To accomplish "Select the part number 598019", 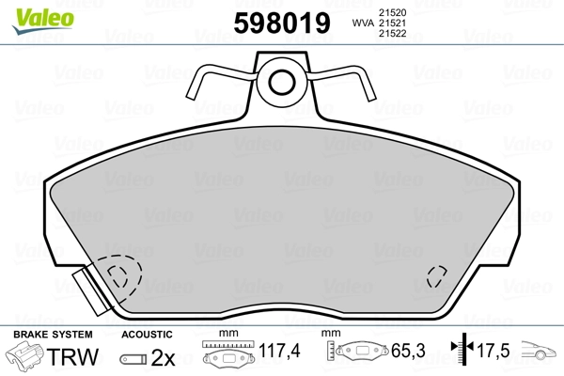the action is (282, 23).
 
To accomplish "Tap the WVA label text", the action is (363, 23).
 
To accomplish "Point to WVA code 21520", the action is (392, 12).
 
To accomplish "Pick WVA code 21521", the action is (392, 23).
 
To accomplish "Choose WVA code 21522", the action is (392, 34).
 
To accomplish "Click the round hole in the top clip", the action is (282, 83).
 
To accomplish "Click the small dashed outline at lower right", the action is (437, 276).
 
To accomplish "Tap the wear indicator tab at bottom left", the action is (90, 290).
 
